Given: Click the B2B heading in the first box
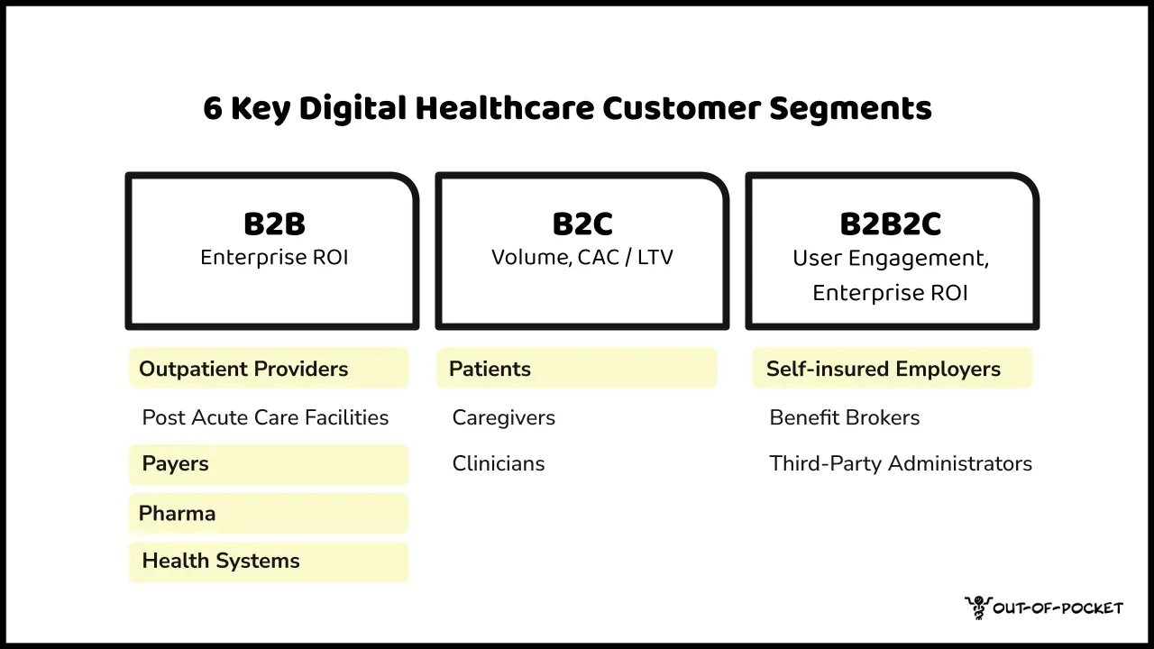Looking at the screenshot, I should coord(273,224).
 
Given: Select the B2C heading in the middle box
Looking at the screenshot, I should coord(582,224).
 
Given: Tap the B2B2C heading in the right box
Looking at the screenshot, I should coord(890,224).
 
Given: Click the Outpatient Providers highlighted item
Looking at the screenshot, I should coord(243,369).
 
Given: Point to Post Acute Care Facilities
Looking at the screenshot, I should coord(265,417).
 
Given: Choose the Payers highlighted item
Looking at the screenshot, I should coord(175,464).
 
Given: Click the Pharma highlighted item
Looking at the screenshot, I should coord(177,514).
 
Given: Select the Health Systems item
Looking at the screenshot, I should coord(221,561).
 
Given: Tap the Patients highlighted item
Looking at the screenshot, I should coord(490,369).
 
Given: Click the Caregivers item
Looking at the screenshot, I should coord(503,417).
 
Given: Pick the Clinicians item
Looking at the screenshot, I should coord(498,464).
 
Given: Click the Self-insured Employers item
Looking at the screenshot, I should coord(883,369).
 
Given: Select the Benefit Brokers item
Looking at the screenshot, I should coord(844,417).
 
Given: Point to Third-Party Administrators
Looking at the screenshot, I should coord(900,464).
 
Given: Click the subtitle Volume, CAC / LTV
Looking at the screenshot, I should coord(582,258).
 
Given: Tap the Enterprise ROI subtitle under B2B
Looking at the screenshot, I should coord(273,258).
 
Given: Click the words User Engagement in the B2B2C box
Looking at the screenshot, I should coord(888,259).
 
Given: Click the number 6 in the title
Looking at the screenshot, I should coord(212,109).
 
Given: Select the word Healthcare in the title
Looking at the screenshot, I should coord(504,109).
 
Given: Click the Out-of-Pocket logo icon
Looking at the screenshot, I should coord(976,607).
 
